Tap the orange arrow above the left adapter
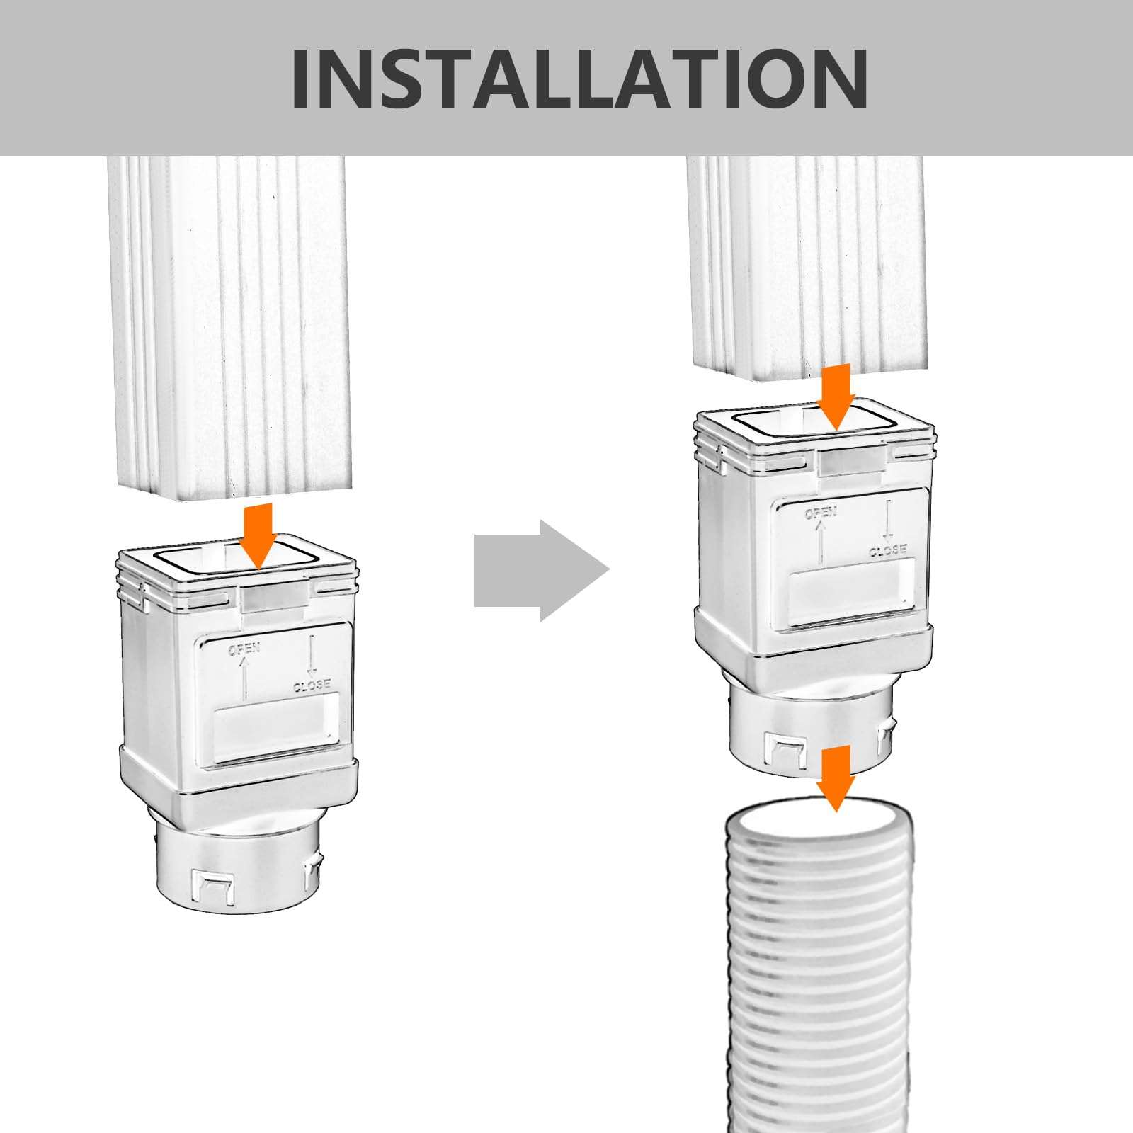[x=258, y=535]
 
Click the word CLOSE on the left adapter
[x=312, y=685]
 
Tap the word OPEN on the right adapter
[x=821, y=513]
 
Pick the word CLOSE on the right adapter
[x=888, y=550]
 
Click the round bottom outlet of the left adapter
[x=237, y=864]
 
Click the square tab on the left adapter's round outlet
[x=212, y=885]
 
